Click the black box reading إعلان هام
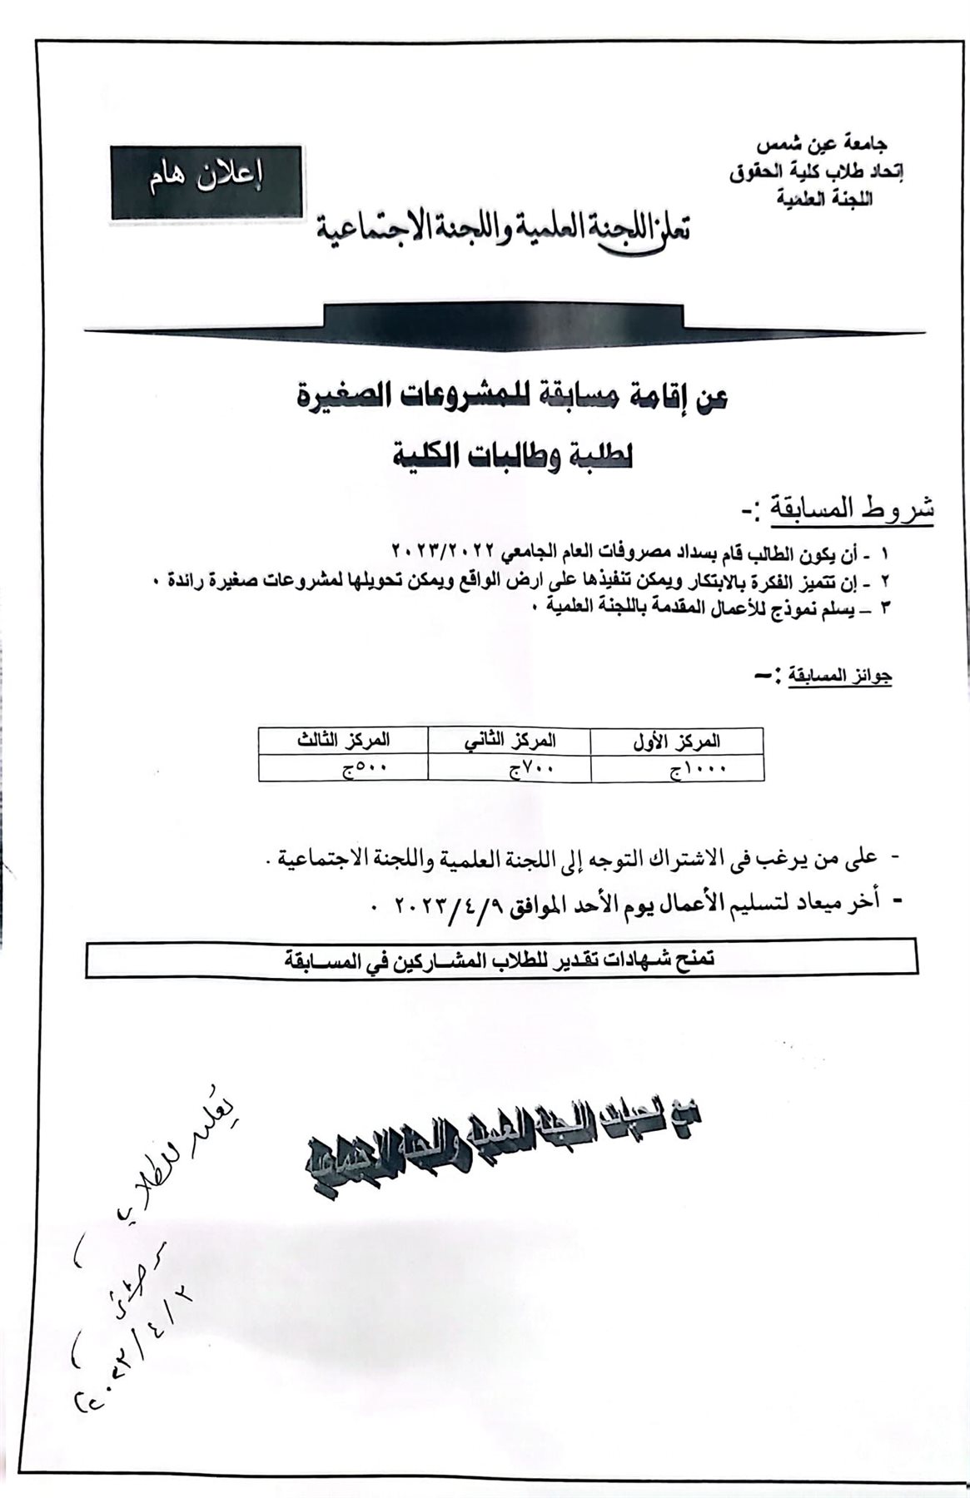pos(206,183)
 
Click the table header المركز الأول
pos(677,740)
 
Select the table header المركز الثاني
pos(510,740)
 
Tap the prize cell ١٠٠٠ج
pos(698,769)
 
